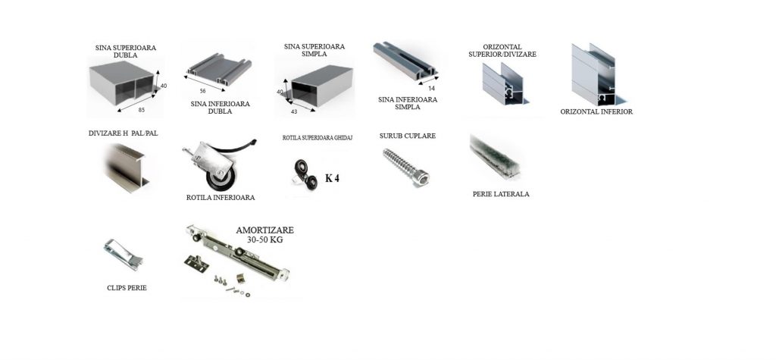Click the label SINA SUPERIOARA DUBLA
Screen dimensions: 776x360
[x=126, y=52]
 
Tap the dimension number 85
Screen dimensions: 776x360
[x=142, y=110]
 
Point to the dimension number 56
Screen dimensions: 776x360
[x=203, y=91]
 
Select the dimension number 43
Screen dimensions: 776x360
[x=294, y=111]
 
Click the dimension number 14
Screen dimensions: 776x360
[x=431, y=89]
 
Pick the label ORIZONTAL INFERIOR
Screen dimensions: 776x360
[x=596, y=112]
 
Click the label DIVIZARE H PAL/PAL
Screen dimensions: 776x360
[x=124, y=133]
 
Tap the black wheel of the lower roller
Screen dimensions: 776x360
[x=220, y=178]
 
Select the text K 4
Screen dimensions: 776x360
[x=332, y=178]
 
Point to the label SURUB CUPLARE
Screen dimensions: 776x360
[x=408, y=136]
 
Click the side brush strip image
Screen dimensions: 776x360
[x=494, y=157]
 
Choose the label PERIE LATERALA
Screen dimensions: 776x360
[x=501, y=194]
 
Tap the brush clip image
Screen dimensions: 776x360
[x=124, y=255]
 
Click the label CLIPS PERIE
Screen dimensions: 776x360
[x=127, y=288]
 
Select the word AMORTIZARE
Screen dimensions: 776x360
[x=264, y=230]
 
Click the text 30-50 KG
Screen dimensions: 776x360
[x=265, y=239]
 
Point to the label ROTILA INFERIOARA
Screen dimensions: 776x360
[x=221, y=198]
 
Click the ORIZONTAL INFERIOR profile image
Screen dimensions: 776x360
[x=593, y=74]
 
